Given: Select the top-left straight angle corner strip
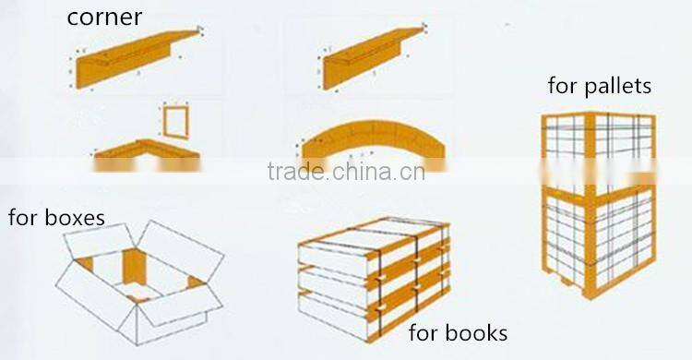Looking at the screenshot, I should point(138,57).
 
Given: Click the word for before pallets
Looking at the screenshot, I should point(562,87).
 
